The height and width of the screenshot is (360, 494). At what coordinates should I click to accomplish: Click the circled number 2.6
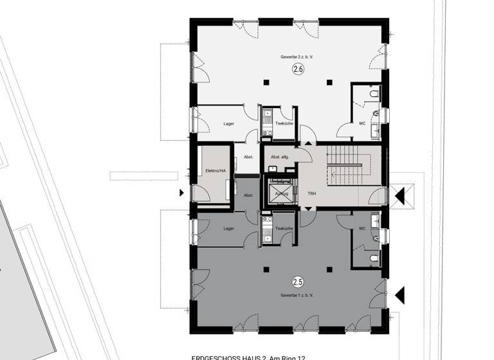(298, 69)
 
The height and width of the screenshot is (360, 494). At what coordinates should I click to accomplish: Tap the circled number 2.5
(298, 282)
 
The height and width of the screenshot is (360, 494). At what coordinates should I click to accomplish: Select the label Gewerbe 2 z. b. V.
(297, 57)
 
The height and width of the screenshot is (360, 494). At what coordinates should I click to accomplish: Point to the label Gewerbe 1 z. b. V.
(297, 294)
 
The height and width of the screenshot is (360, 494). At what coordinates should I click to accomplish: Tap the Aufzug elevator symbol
(280, 193)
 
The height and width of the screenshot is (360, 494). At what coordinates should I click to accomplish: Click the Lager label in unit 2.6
(228, 123)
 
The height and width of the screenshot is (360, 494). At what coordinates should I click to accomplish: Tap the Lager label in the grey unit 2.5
(228, 228)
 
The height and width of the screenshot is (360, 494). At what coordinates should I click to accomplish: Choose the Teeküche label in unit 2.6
(284, 123)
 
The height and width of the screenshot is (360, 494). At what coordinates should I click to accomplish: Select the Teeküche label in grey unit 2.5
(284, 228)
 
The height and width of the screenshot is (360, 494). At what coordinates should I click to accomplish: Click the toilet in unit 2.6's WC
(374, 95)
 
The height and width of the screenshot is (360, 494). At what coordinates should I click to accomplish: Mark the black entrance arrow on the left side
(182, 193)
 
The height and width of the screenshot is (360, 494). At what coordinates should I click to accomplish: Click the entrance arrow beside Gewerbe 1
(399, 295)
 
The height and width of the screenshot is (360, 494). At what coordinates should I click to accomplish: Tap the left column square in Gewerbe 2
(266, 82)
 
